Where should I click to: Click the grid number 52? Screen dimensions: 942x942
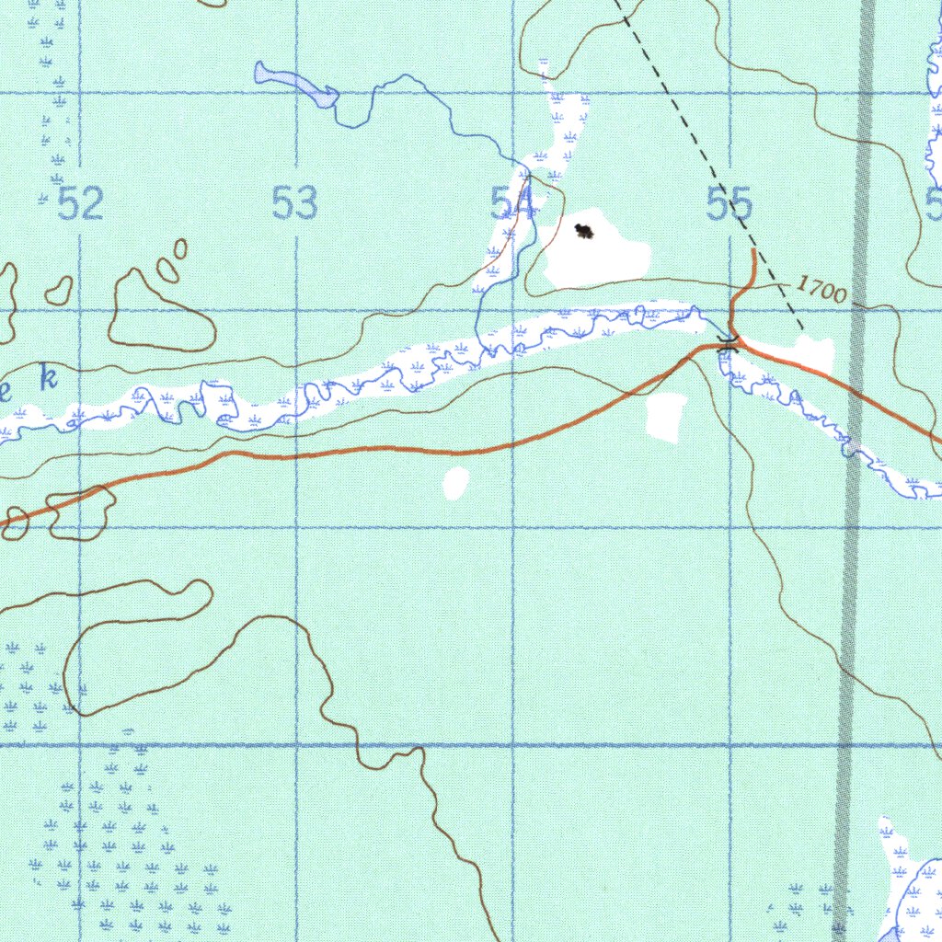[80, 203]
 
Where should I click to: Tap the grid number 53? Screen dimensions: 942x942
[295, 203]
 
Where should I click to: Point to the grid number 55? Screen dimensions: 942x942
[730, 204]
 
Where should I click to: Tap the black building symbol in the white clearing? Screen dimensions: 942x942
[583, 231]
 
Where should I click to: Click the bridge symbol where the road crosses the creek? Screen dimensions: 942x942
[729, 345]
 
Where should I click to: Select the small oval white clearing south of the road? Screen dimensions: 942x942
[455, 483]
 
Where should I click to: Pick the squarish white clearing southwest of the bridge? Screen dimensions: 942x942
[666, 417]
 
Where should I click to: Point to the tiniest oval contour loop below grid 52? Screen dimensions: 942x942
[180, 248]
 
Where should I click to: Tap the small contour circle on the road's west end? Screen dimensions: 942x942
[16, 521]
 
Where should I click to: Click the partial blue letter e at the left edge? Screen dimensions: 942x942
[5, 394]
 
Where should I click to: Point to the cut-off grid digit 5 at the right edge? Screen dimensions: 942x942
[935, 203]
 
